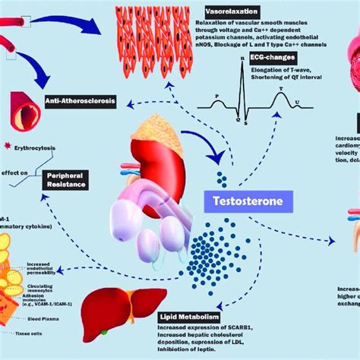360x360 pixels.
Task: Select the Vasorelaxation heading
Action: pos(232,12)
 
